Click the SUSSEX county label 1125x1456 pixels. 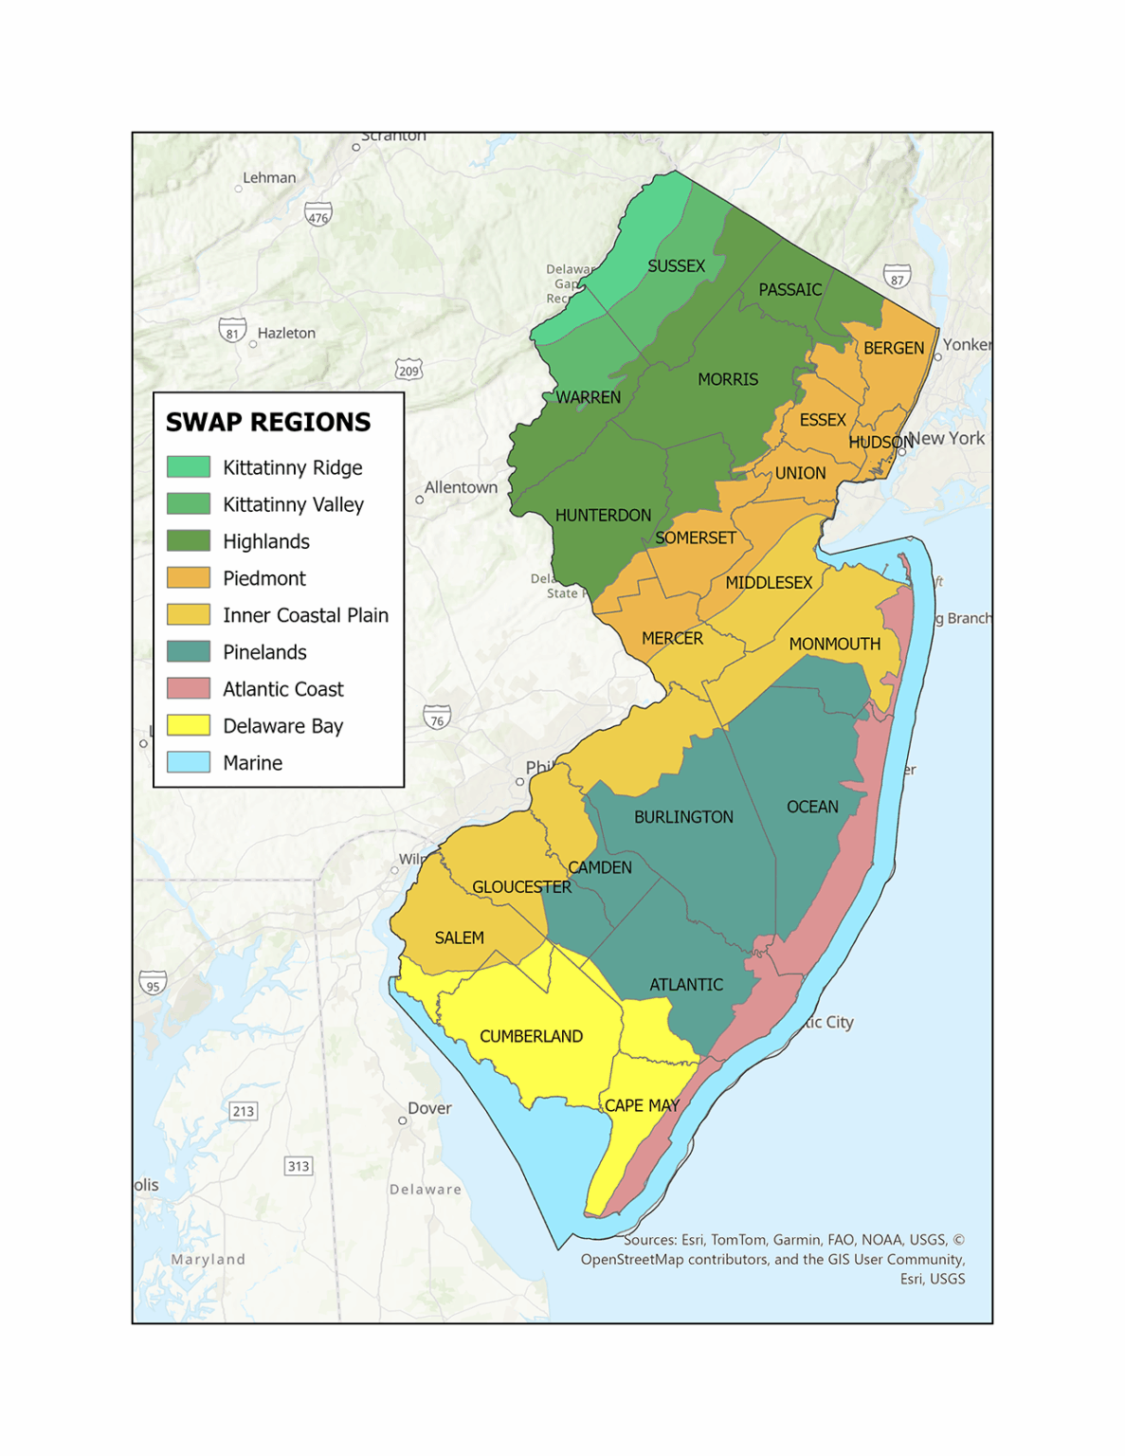point(676,266)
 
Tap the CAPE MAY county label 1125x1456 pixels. point(642,1105)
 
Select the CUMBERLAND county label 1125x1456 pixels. point(531,1036)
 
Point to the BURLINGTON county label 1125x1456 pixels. point(683,817)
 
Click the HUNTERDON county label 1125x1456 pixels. point(603,516)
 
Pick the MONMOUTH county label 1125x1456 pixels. point(834,645)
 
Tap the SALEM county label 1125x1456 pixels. point(459,937)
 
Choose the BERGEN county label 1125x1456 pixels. point(893,348)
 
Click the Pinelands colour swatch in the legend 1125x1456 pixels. point(189,652)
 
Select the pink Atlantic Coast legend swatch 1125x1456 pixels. point(189,689)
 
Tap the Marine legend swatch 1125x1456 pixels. point(189,763)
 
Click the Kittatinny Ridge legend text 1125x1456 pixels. point(292,467)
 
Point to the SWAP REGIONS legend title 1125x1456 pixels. point(268,423)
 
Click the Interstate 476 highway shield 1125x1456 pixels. point(318,216)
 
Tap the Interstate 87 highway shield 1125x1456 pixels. point(897,279)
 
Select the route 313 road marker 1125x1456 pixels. point(299,1166)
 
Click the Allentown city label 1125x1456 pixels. point(461,487)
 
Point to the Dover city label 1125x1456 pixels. point(429,1108)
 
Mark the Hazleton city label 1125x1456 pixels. point(286,334)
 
